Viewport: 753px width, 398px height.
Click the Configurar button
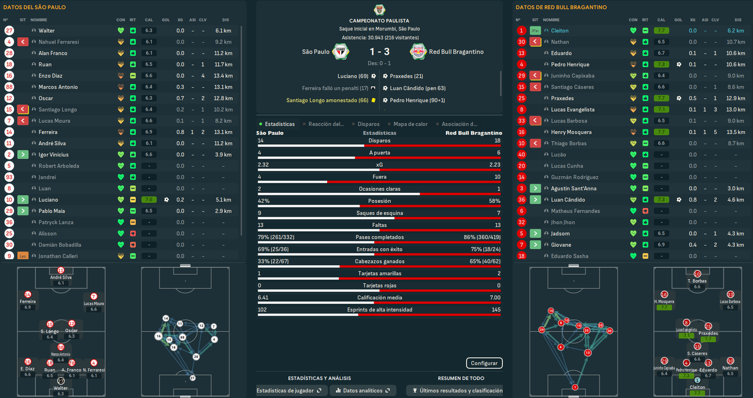(485, 363)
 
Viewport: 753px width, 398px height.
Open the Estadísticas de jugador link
(289, 390)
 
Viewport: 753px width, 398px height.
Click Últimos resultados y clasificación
(458, 390)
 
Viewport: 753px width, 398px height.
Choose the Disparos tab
(369, 124)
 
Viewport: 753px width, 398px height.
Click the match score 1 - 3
(379, 52)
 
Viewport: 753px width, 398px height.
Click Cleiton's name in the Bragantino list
(559, 31)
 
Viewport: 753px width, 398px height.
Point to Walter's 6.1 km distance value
(223, 31)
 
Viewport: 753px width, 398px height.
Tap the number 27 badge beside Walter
(9, 31)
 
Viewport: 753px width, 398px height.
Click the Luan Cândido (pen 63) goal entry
(417, 88)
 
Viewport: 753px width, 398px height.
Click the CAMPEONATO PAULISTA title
(379, 21)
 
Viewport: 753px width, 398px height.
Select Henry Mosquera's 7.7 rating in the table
(662, 132)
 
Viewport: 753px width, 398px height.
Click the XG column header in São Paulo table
(180, 20)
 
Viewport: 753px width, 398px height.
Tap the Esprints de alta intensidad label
(379, 309)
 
